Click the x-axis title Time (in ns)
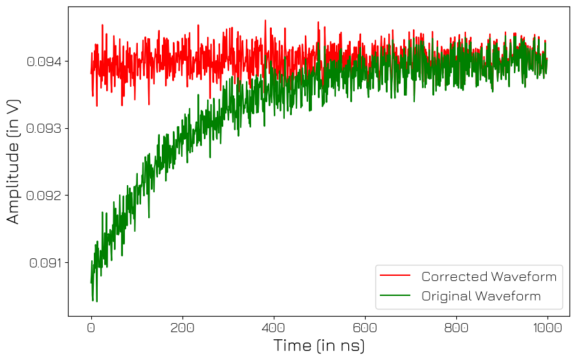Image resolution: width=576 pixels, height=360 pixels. pos(319,346)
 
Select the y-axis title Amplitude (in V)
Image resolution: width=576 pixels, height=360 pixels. pos(14,161)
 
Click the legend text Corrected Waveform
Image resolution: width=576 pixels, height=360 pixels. pos(489,277)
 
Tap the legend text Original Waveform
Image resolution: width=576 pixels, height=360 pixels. pos(481,297)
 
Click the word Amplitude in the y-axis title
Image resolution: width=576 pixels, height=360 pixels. pos(14,181)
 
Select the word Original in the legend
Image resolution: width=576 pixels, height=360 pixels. pos(447,297)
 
